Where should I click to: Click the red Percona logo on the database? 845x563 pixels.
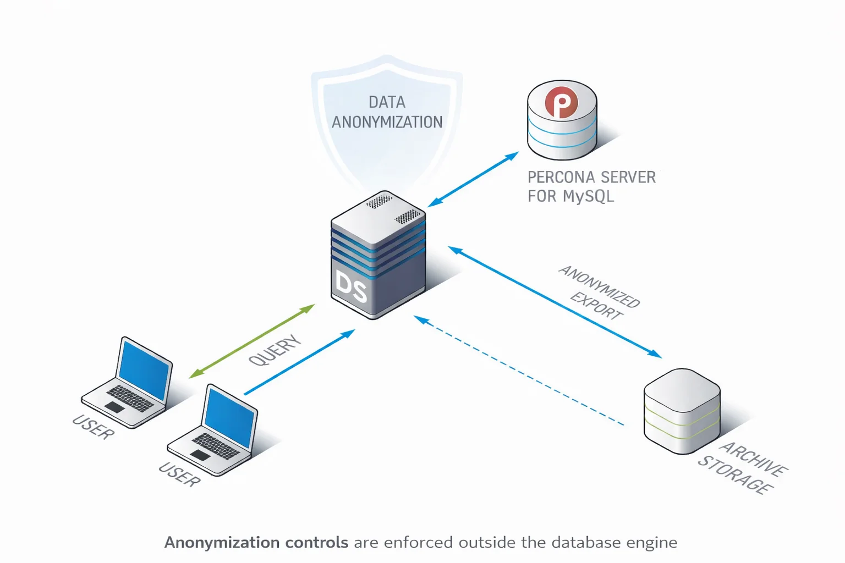561,102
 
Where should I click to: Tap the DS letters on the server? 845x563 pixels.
351,287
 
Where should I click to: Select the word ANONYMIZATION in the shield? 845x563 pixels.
387,122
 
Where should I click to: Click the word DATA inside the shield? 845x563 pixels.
387,102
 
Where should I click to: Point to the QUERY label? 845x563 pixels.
275,350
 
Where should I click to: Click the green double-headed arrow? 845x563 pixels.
251,341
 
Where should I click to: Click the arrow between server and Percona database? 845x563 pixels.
473,179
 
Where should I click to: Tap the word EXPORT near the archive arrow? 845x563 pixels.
596,306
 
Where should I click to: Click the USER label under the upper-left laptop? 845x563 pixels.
94,427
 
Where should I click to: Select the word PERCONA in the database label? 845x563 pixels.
561,177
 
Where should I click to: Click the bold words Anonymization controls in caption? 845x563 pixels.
256,543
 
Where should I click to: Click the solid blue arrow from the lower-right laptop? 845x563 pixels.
299,362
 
